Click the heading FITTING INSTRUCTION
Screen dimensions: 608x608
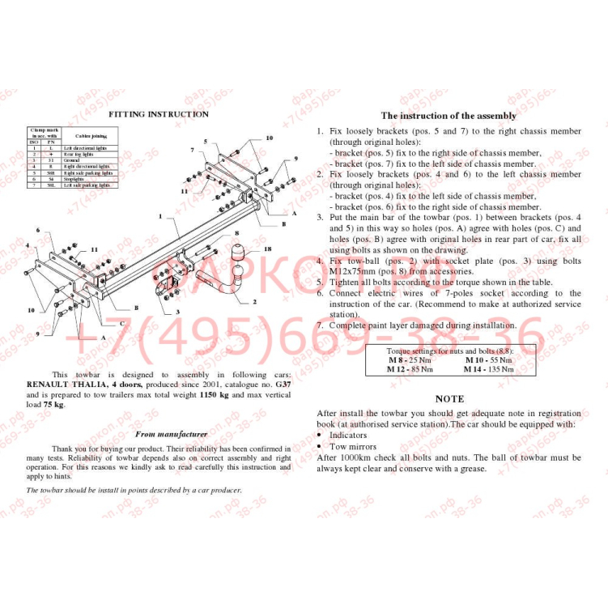[x=159, y=114]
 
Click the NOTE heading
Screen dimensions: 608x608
[x=449, y=399]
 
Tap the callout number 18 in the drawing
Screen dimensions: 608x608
[x=267, y=249]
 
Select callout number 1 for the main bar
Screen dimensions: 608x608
[x=161, y=217]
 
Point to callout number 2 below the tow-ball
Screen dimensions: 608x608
[x=254, y=301]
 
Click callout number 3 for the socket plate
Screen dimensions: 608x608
[x=177, y=311]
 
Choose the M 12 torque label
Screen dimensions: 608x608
[x=398, y=368]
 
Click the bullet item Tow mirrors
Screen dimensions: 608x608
[x=352, y=446]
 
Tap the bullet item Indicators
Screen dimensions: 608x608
[x=347, y=435]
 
